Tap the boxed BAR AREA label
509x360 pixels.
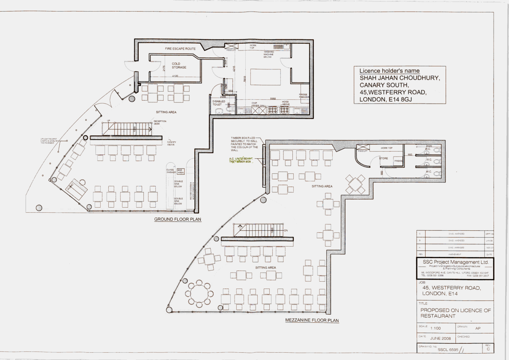180,171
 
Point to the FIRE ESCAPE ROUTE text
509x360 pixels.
180,49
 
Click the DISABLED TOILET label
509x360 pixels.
219,103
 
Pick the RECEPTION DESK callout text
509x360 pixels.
160,122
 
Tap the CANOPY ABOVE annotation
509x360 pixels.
172,143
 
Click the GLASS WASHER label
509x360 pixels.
171,171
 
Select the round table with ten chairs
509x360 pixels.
198,293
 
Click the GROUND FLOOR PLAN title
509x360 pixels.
178,220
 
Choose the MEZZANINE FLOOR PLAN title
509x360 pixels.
312,320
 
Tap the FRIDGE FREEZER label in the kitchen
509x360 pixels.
303,95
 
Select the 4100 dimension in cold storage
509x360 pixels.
175,76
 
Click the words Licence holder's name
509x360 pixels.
389,71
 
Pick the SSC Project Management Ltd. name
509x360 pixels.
454,262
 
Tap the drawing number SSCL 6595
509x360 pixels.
448,349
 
